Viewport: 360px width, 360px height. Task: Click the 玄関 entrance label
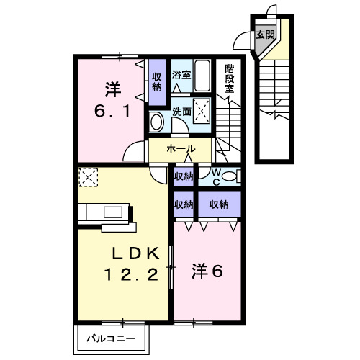266,34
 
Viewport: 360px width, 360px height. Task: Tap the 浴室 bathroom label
181,74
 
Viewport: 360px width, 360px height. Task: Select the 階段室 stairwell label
230,78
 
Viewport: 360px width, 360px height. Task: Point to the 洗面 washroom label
181,112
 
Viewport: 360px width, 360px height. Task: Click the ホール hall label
180,149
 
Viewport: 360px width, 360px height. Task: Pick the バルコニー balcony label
112,336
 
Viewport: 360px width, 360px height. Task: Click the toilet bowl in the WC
230,176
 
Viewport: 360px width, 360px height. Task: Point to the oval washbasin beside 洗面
157,122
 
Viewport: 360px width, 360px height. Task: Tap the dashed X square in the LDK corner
87,176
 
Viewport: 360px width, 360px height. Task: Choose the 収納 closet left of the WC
184,176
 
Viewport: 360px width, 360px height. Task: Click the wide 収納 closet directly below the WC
219,204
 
